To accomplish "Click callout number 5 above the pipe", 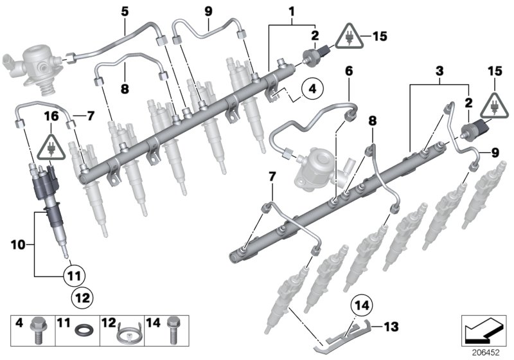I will (125, 11).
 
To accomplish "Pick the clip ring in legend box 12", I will (127, 332).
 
